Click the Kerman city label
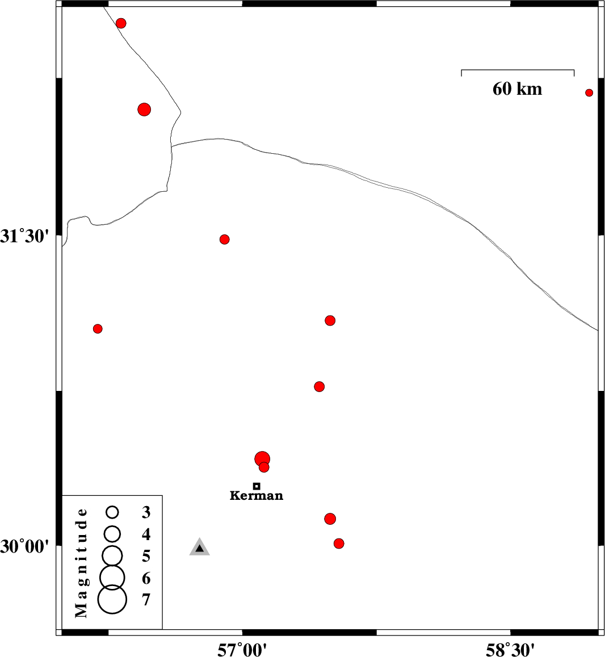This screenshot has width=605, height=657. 256,496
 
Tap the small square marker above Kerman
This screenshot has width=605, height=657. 257,486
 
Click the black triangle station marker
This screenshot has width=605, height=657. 200,547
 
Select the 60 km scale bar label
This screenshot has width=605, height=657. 518,89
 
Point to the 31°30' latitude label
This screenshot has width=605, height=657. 22,237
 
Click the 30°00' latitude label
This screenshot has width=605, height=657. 22,546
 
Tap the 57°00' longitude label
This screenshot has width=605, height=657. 242,650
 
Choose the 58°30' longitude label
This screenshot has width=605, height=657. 510,650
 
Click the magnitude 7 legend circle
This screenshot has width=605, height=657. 112,600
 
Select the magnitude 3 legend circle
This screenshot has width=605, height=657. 112,512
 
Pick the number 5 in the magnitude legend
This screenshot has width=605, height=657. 146,556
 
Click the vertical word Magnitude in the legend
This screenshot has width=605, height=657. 81,563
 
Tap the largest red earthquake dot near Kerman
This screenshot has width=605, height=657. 262,459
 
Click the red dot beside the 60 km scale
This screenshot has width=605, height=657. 589,92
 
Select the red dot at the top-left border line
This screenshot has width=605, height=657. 121,23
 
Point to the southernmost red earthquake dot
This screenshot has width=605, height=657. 339,544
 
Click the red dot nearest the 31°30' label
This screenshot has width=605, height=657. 224,239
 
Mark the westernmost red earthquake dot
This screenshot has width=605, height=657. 98,328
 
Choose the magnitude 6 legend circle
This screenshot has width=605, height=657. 112,577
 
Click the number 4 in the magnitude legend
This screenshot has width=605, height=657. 146,534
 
